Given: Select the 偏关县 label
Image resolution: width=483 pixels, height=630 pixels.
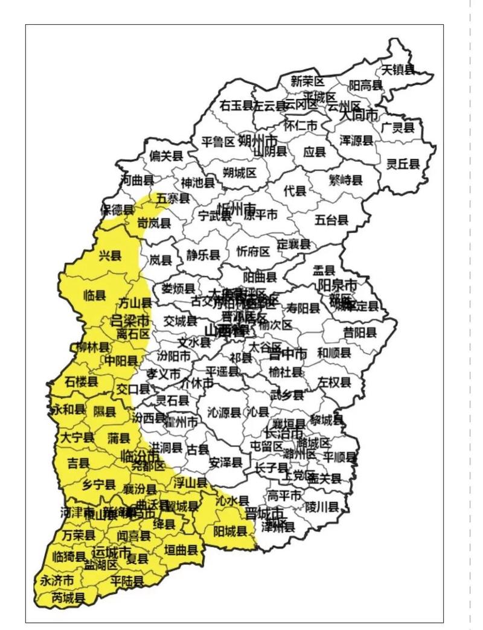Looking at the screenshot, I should [x=166, y=156].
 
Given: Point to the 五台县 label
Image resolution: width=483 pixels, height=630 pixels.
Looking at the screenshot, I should [x=331, y=220].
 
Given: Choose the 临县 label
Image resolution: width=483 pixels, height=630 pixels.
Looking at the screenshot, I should [x=95, y=296].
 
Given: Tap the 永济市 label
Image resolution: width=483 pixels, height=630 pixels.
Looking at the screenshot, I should [x=57, y=581].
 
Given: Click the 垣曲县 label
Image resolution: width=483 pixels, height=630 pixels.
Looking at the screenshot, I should [x=181, y=550].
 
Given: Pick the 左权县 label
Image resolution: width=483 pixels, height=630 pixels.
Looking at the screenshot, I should [x=334, y=382].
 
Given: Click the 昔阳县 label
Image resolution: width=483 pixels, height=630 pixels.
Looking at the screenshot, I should [x=360, y=332].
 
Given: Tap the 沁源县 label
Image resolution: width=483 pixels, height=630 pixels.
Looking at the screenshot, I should [x=224, y=412].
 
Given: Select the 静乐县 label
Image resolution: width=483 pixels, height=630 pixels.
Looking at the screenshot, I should [x=203, y=255].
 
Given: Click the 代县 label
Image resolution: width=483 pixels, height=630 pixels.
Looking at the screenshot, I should [x=295, y=191].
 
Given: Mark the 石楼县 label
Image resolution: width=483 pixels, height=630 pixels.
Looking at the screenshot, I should [x=82, y=382].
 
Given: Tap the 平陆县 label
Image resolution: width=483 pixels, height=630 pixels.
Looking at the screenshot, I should [x=127, y=581].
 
